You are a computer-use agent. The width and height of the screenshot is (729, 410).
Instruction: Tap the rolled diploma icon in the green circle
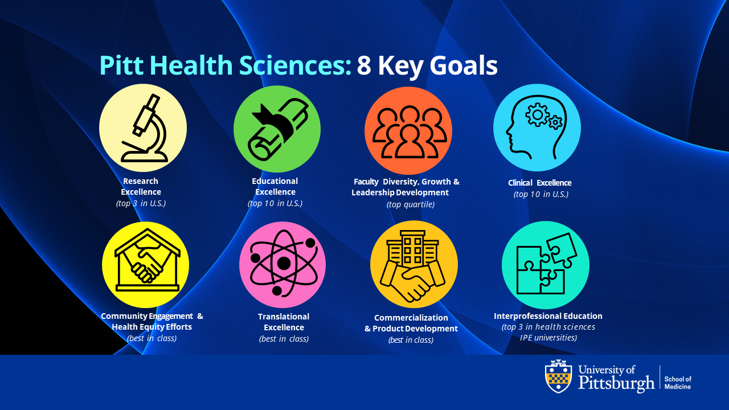coord(277,129)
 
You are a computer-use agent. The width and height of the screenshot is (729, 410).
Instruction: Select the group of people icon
coord(409,132)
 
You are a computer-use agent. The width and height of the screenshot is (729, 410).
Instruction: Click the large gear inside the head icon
coord(537,114)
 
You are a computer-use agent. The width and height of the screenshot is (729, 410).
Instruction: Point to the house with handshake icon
coord(148,260)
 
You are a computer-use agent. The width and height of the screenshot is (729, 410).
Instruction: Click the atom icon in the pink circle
coord(284,263)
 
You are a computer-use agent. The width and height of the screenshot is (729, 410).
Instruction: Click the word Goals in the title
coord(464,65)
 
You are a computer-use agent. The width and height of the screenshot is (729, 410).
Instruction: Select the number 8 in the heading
coord(364,65)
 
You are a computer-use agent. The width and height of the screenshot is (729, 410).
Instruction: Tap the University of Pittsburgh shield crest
coord(559,376)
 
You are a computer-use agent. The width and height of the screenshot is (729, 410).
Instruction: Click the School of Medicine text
coord(678,383)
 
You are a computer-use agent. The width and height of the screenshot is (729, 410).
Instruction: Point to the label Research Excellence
coord(141,186)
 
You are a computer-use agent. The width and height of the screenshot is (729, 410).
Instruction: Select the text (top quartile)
coord(411,204)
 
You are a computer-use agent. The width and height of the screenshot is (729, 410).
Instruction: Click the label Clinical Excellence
coord(539,183)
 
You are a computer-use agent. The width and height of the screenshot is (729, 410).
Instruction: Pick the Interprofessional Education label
coord(548,316)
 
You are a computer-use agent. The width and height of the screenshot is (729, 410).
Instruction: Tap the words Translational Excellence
coord(284,322)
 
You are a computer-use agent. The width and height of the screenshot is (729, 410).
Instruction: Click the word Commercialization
coord(411,318)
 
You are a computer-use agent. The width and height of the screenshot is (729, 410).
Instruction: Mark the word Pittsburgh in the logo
coord(616,383)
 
